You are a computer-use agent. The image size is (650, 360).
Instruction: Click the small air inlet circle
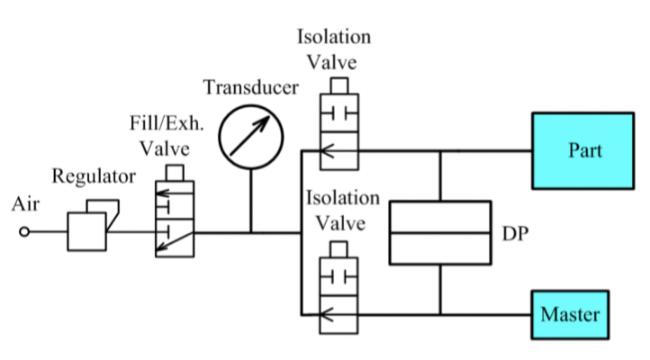point(24,232)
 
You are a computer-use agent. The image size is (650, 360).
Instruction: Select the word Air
point(25,204)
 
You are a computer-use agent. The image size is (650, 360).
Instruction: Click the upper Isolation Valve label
point(333,49)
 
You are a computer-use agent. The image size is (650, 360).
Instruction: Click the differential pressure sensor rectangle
point(439,232)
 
